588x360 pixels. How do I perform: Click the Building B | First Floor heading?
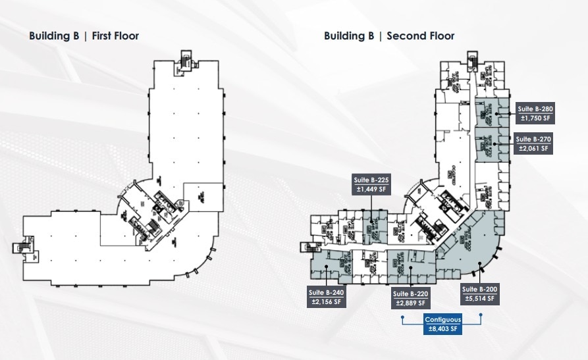(x=84, y=36)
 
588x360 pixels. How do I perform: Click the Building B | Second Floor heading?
(x=388, y=36)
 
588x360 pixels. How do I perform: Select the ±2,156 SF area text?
(x=326, y=302)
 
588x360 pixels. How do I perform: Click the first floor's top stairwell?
(x=186, y=59)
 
